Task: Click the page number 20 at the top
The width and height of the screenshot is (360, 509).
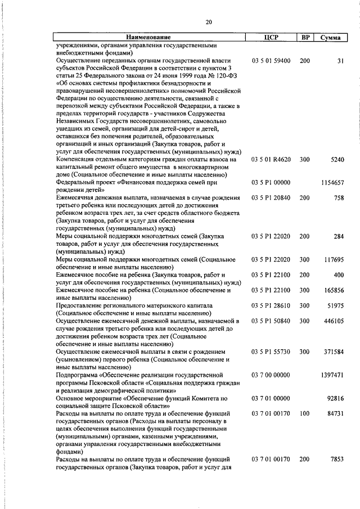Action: [209, 22]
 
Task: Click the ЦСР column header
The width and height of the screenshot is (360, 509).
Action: [271, 38]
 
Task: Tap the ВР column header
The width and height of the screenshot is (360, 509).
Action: [305, 38]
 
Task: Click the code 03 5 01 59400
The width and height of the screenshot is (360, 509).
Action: [271, 60]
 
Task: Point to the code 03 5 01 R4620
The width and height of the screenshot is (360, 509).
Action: [271, 160]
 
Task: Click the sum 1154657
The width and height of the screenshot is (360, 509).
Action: [332, 183]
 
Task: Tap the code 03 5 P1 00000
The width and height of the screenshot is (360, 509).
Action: [271, 183]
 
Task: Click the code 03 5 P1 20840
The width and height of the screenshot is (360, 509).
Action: [271, 198]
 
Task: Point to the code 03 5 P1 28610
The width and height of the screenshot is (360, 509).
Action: [271, 305]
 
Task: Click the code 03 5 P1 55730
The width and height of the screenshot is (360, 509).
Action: [271, 351]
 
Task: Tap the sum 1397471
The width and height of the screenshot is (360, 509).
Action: [332, 374]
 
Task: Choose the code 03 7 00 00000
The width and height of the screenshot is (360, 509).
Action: [271, 374]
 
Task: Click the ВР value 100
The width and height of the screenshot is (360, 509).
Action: [305, 412]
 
